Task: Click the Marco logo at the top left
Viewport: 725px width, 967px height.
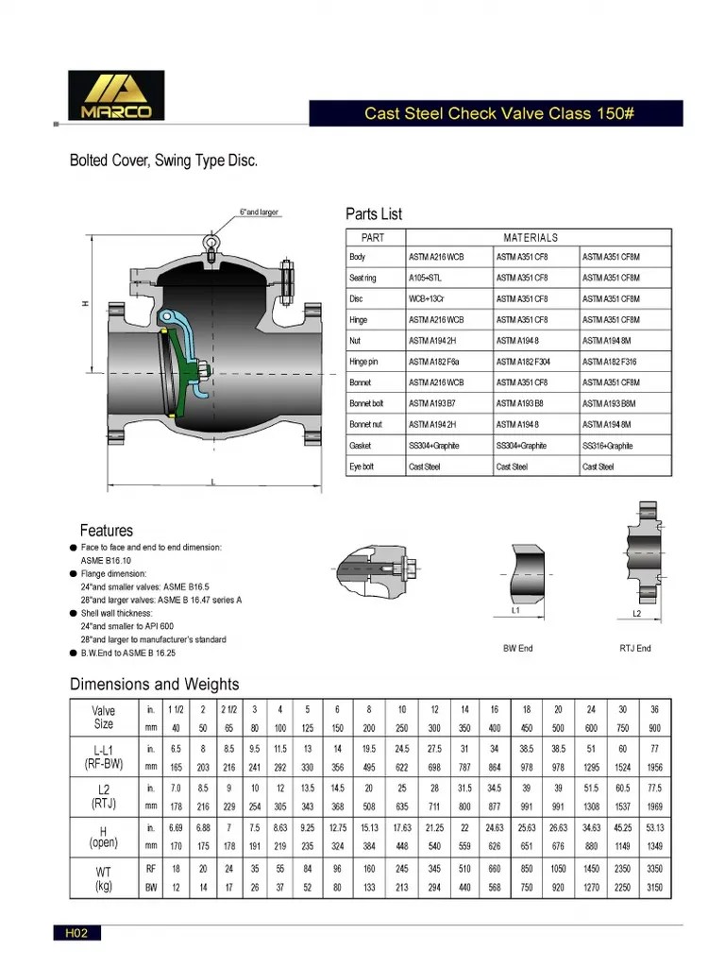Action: (116, 96)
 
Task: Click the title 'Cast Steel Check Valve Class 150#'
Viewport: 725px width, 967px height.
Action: (499, 113)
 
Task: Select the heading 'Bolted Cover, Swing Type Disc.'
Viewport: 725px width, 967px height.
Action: (163, 161)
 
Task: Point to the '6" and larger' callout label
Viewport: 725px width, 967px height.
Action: (260, 212)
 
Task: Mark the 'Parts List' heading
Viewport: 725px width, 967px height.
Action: (374, 214)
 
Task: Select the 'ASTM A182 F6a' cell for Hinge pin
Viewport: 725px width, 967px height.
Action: (433, 362)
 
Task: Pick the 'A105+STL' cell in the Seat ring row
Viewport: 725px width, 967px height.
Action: (424, 278)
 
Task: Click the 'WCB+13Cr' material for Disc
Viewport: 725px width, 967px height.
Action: (426, 299)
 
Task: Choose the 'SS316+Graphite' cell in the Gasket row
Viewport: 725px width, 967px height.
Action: (607, 446)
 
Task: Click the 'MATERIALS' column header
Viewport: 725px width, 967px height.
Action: (531, 238)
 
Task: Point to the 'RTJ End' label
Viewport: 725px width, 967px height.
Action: (634, 649)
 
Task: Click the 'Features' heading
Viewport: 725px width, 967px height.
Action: (107, 531)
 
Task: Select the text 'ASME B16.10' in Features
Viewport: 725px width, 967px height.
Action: (106, 560)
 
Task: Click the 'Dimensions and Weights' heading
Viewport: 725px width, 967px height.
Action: (155, 685)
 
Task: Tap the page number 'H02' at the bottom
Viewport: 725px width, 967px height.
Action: (76, 934)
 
